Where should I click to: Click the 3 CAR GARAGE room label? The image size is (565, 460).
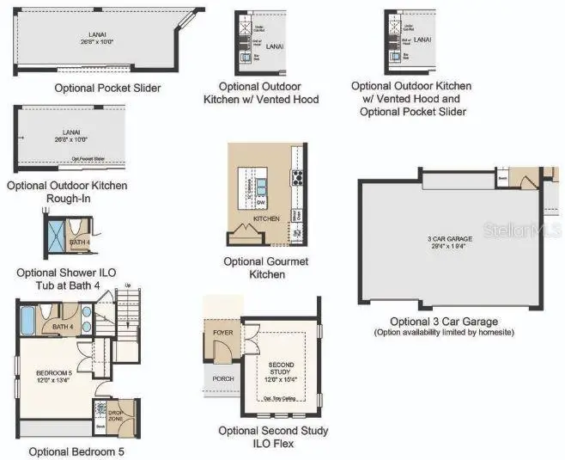click(449, 239)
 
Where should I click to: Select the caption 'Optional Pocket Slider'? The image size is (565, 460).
click(107, 88)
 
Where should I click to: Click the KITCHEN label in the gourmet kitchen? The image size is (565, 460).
click(266, 219)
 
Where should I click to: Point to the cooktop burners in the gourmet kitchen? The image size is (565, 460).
click(298, 179)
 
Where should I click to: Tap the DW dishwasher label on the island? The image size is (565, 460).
click(261, 202)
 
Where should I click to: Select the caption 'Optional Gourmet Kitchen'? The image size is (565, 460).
click(265, 267)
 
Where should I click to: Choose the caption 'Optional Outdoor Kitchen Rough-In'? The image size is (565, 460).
click(67, 192)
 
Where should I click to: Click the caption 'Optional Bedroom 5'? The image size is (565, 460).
click(76, 451)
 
